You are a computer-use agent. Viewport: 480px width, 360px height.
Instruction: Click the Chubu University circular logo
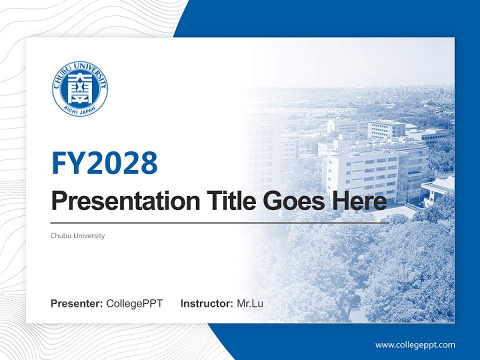[x=80, y=89]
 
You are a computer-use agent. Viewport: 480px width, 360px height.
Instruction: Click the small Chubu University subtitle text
[x=77, y=235]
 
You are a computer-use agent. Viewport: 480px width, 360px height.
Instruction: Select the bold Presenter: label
[x=77, y=303]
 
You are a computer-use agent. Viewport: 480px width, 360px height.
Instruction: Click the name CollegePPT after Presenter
[x=134, y=303]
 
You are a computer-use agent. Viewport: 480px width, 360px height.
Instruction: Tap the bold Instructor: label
[x=206, y=303]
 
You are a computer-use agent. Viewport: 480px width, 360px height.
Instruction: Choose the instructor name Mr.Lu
[x=249, y=303]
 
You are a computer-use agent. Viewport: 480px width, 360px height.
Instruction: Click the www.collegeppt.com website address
[x=415, y=345]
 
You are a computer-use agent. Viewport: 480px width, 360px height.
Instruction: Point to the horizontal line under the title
[x=220, y=223]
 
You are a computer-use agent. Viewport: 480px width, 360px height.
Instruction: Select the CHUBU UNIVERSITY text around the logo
[x=80, y=67]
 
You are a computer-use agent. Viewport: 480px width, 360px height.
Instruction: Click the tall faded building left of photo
[x=262, y=145]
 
